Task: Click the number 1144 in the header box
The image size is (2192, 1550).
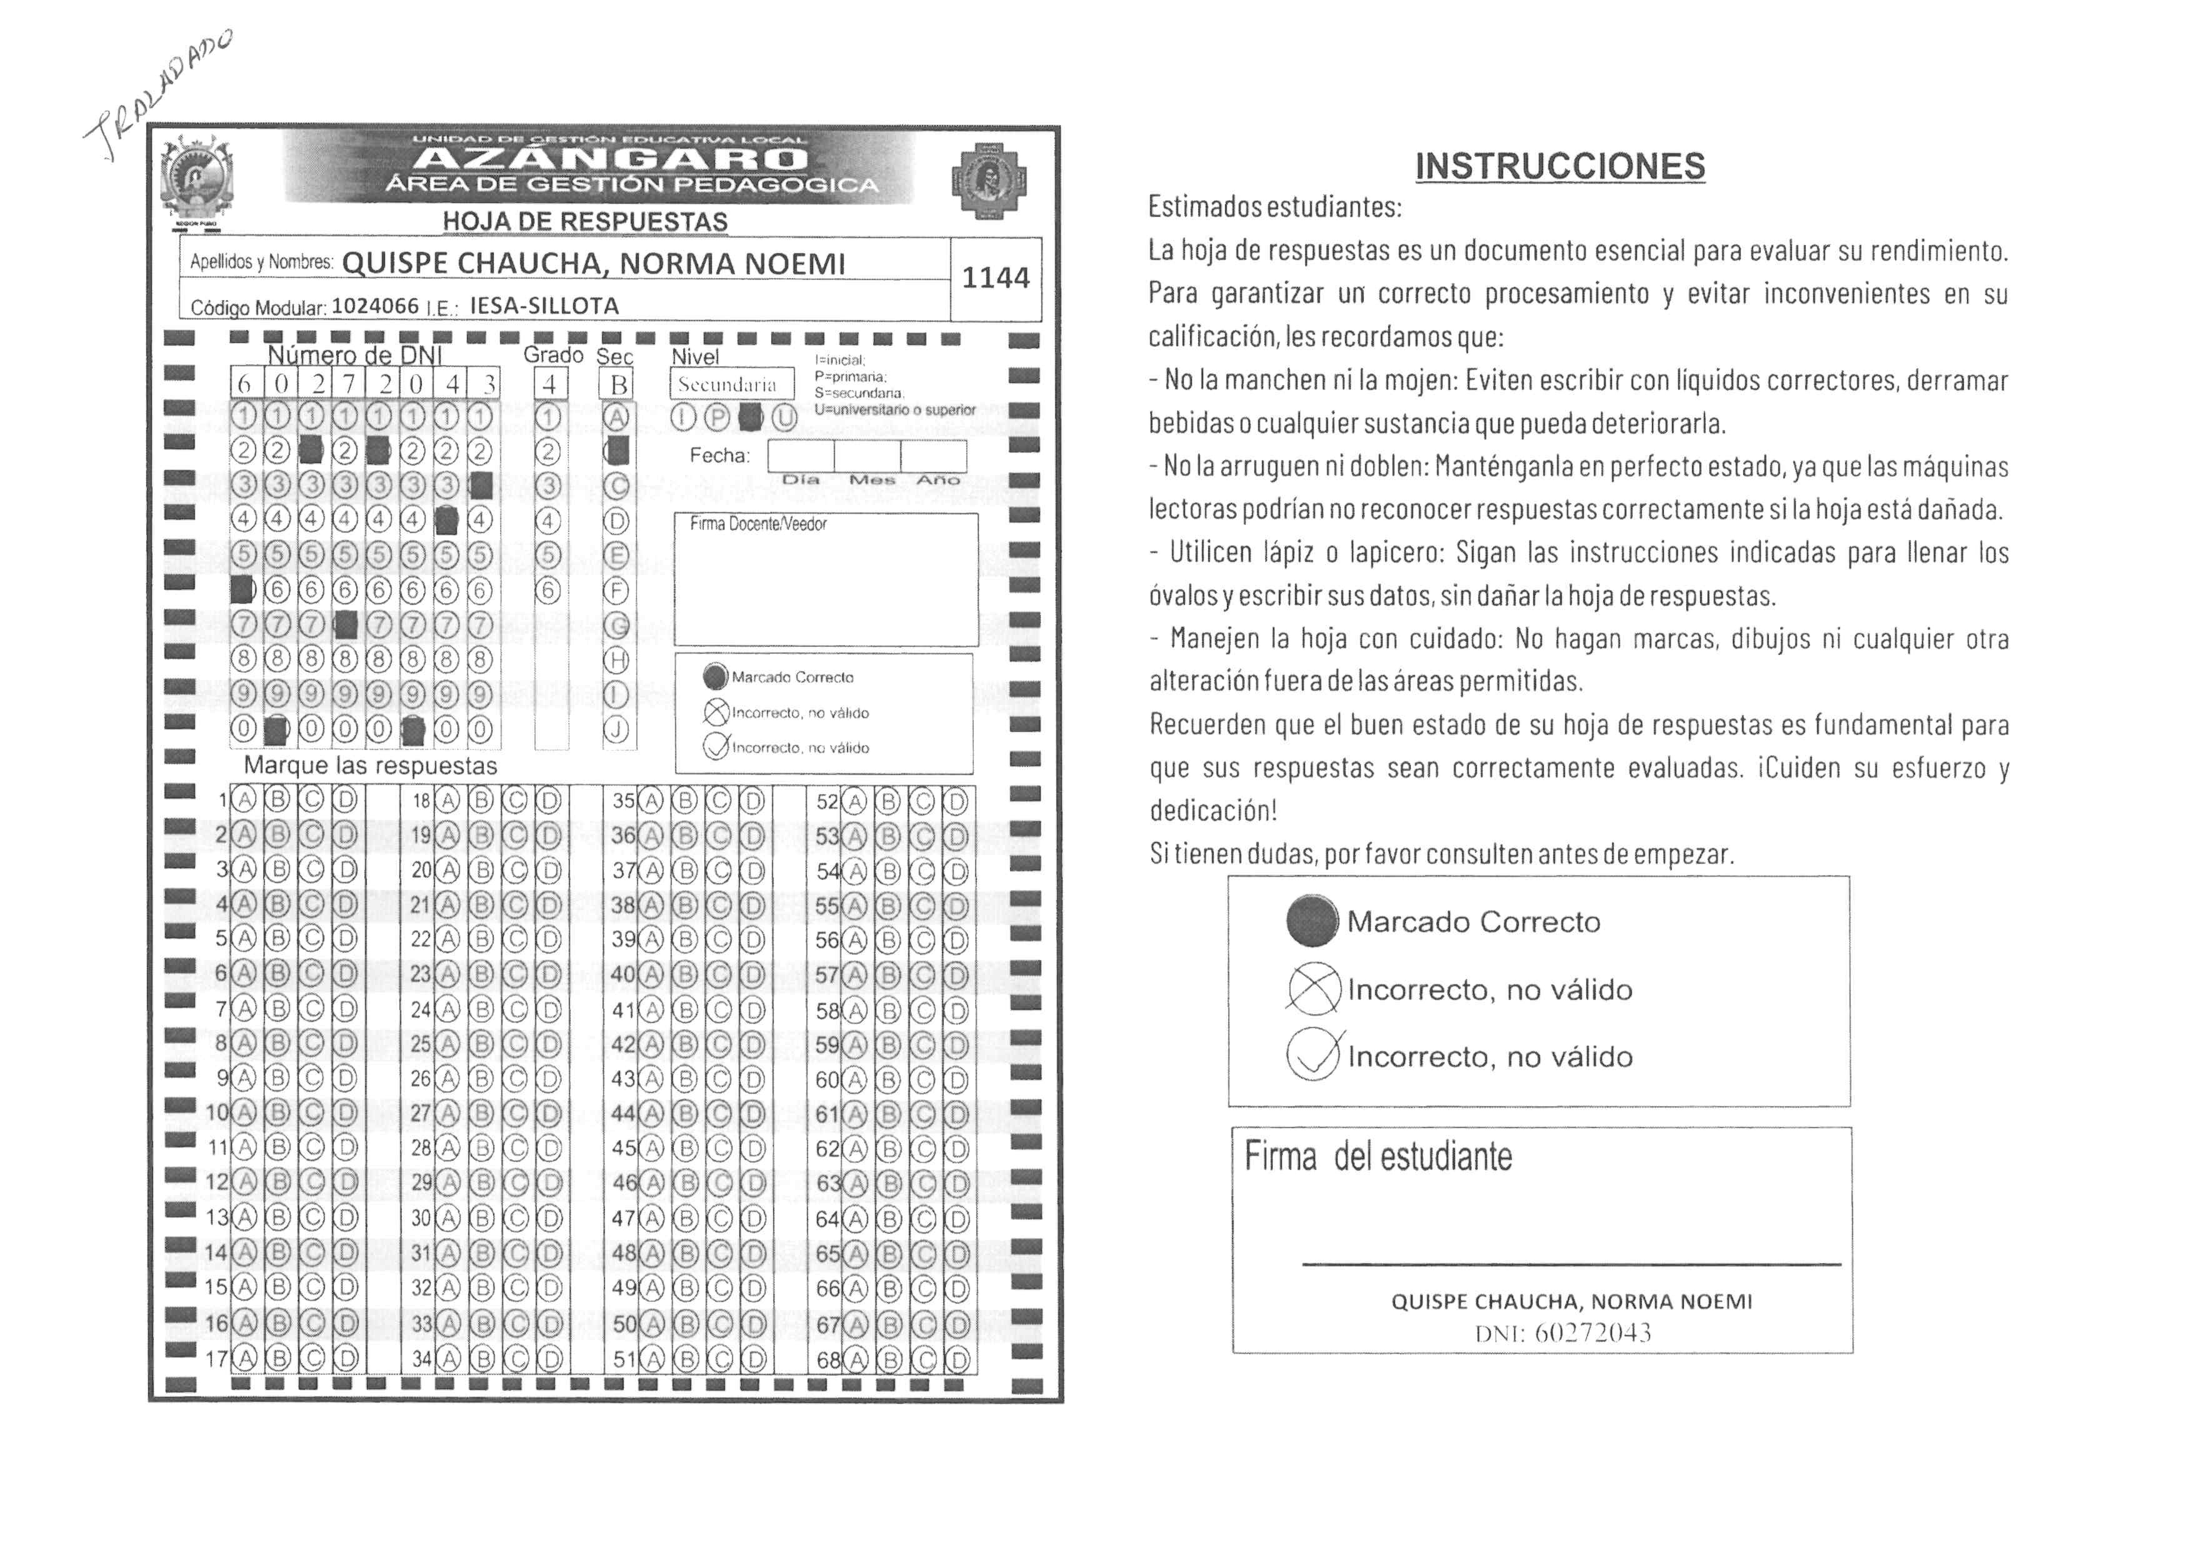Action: point(995,277)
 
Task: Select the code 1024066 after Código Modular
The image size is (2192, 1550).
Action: point(375,306)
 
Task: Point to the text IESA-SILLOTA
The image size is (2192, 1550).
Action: point(544,306)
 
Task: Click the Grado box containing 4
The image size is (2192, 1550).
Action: point(550,384)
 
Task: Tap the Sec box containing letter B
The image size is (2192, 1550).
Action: point(619,384)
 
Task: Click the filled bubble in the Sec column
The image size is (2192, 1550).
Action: point(618,451)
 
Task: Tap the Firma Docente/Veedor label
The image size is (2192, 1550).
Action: point(758,524)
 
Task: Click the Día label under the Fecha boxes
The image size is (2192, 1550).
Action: point(800,480)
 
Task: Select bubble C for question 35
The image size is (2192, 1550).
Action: point(719,801)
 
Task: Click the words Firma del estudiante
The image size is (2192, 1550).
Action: point(1378,1157)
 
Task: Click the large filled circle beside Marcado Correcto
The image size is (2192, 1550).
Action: point(1312,922)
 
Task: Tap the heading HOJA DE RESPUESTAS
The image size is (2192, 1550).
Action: point(584,221)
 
